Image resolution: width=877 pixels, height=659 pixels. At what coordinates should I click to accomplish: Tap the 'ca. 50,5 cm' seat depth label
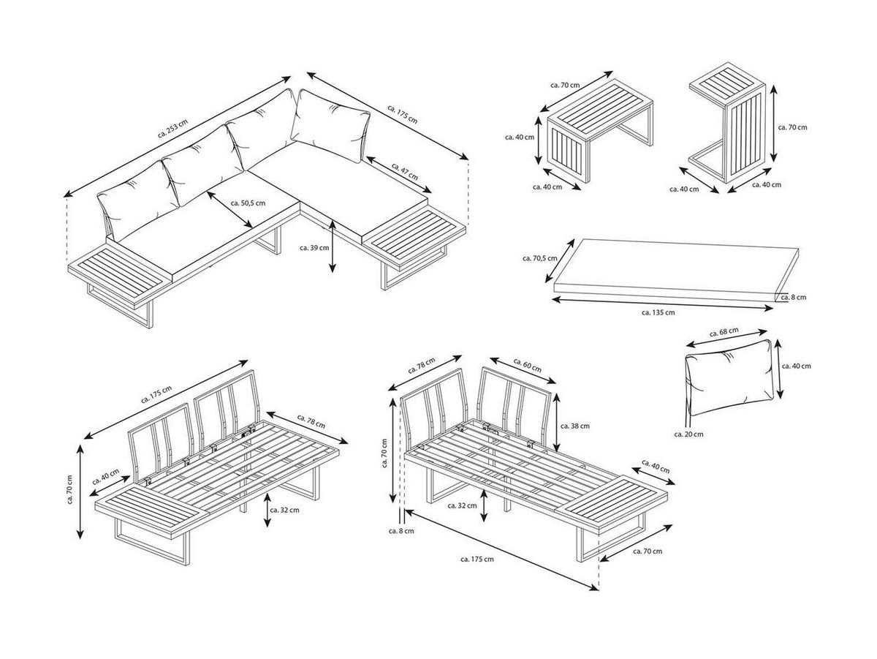point(248,203)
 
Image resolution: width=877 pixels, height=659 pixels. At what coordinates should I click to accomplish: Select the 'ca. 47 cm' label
point(404,172)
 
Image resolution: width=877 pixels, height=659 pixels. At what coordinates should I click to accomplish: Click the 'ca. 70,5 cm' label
point(540,257)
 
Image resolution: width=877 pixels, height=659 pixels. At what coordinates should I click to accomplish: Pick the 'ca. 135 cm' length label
point(658,312)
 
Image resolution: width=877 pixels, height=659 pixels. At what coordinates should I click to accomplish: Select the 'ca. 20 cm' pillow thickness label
point(688,434)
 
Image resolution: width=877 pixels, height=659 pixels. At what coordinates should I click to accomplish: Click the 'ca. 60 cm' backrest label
point(527,365)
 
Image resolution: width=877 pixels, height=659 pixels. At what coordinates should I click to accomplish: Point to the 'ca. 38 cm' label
point(574,425)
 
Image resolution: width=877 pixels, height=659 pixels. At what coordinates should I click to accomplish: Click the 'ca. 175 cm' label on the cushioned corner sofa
point(403,113)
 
